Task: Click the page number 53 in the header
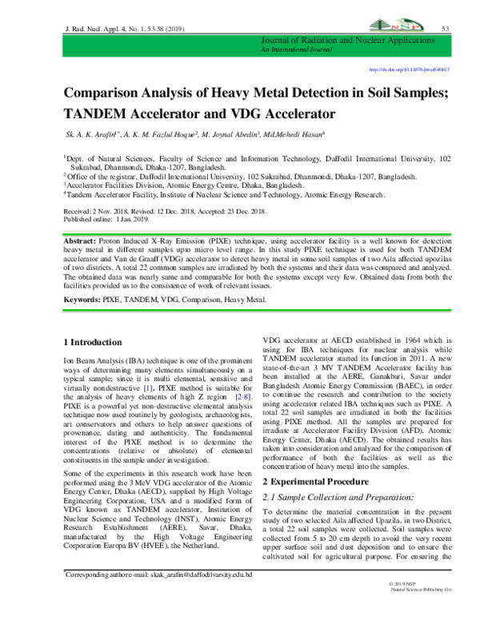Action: pos(446,29)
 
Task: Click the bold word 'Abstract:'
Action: pos(78,240)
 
